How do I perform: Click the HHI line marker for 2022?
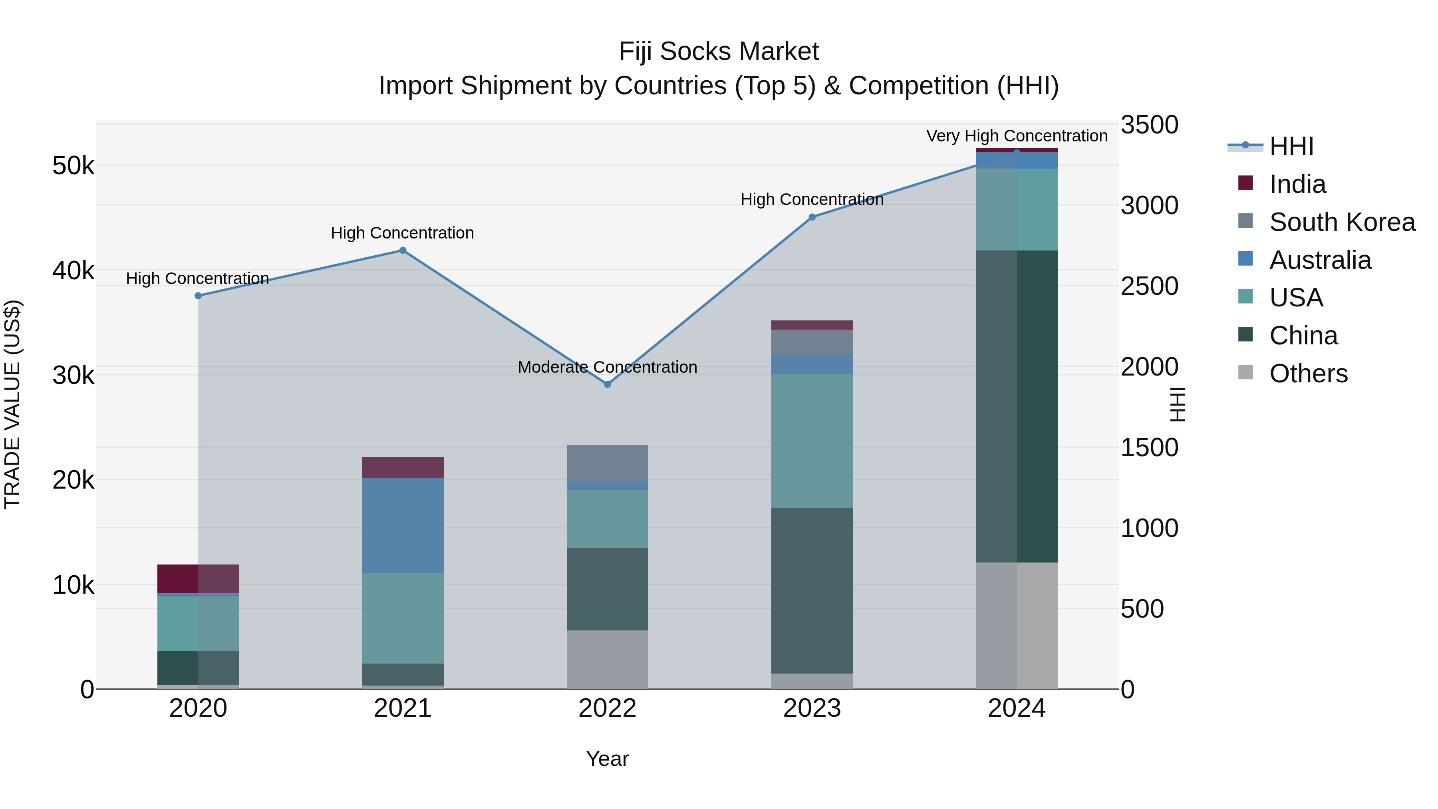tap(607, 384)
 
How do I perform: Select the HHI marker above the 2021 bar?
tap(403, 250)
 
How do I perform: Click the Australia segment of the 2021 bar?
tap(403, 525)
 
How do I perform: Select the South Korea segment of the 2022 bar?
tap(607, 463)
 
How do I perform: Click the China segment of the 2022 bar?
tap(607, 588)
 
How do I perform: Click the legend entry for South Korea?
tap(1342, 222)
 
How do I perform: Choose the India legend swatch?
tap(1245, 183)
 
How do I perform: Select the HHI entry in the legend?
tap(1291, 146)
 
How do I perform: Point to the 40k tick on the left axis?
tap(73, 271)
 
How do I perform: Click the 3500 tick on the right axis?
tap(1149, 125)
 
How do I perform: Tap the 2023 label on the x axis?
tap(812, 708)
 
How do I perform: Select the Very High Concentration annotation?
tap(1017, 136)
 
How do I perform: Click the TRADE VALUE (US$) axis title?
tap(13, 404)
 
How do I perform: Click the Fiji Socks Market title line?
tap(719, 52)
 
